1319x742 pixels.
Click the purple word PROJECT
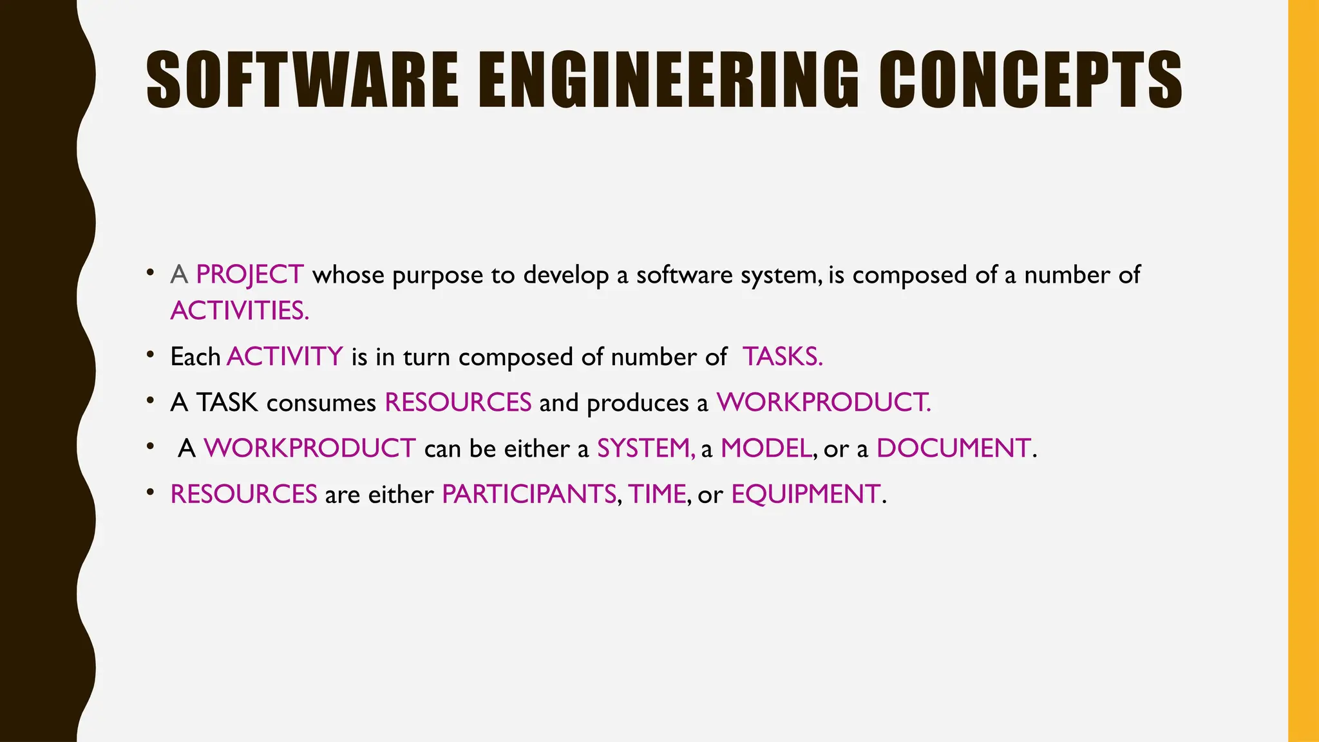[x=250, y=275]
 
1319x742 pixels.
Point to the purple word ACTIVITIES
[x=240, y=311]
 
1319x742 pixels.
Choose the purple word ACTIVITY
[x=285, y=357]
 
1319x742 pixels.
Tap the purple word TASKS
[x=783, y=357]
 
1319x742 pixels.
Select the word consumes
[x=321, y=403]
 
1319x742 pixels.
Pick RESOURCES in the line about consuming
[x=458, y=403]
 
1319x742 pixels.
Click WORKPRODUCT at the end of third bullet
[x=824, y=403]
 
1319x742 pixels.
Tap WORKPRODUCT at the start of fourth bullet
[x=310, y=448]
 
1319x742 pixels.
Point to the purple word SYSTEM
[x=645, y=448]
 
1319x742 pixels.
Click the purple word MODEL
[x=766, y=448]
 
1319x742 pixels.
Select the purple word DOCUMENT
[x=953, y=448]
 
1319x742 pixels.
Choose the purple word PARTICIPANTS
[x=529, y=495]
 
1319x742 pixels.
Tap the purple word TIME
[x=657, y=495]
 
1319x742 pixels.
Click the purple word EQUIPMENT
[x=806, y=495]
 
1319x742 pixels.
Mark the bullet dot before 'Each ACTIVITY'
[x=150, y=355]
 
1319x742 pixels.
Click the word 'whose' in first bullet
[x=348, y=275]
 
